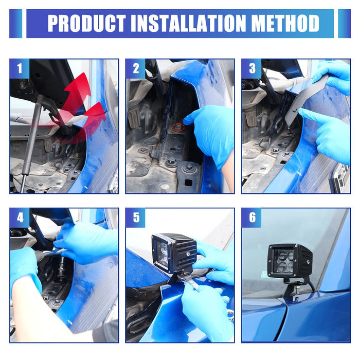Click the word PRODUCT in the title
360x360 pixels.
[87, 23]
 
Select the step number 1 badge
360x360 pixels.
[20, 68]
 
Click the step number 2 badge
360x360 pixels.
[136, 68]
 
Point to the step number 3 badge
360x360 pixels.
[252, 68]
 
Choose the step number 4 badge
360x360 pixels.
[20, 218]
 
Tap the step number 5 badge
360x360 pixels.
[136, 218]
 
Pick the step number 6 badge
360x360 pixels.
[252, 218]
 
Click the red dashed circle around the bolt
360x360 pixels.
[178, 127]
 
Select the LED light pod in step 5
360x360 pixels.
[174, 252]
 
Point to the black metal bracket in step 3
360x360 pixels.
[305, 100]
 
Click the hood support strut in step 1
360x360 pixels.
[31, 142]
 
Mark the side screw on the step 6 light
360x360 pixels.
[308, 262]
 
